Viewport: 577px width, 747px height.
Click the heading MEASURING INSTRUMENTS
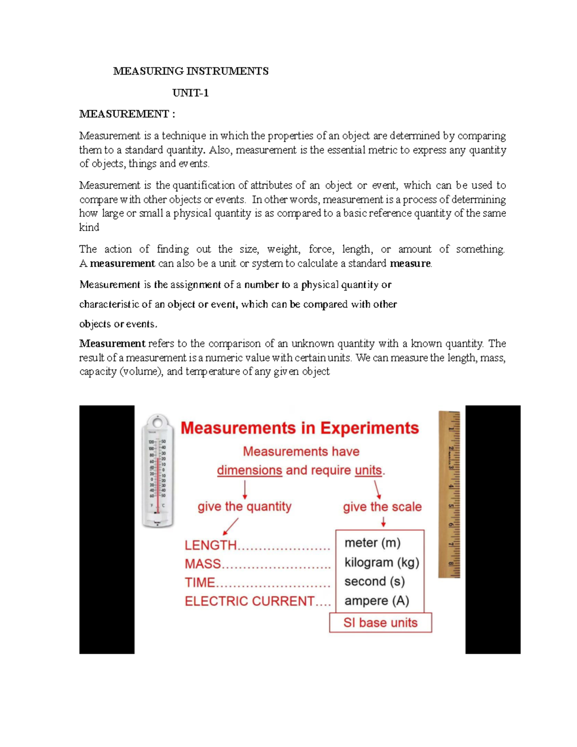190,71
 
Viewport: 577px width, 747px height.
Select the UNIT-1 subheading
190,93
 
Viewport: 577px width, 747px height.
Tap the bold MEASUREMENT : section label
127,114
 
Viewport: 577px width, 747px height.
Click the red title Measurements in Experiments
300,428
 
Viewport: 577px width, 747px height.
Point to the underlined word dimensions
249,470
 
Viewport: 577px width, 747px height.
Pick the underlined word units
368,470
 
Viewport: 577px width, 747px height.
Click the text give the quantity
244,506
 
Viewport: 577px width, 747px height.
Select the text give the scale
382,506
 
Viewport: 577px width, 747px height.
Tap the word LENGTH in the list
211,545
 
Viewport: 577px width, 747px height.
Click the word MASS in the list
202,564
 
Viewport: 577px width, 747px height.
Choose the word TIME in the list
200,582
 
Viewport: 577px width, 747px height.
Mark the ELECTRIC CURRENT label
250,601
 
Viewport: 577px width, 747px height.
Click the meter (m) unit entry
372,543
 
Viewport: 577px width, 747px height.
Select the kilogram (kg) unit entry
382,562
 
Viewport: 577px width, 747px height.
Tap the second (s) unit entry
374,582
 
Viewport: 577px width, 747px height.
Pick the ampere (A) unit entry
376,601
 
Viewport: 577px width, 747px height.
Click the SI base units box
380,622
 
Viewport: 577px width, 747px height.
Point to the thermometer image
157,470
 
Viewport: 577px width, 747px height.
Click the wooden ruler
449,494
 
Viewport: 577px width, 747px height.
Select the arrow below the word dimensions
245,490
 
